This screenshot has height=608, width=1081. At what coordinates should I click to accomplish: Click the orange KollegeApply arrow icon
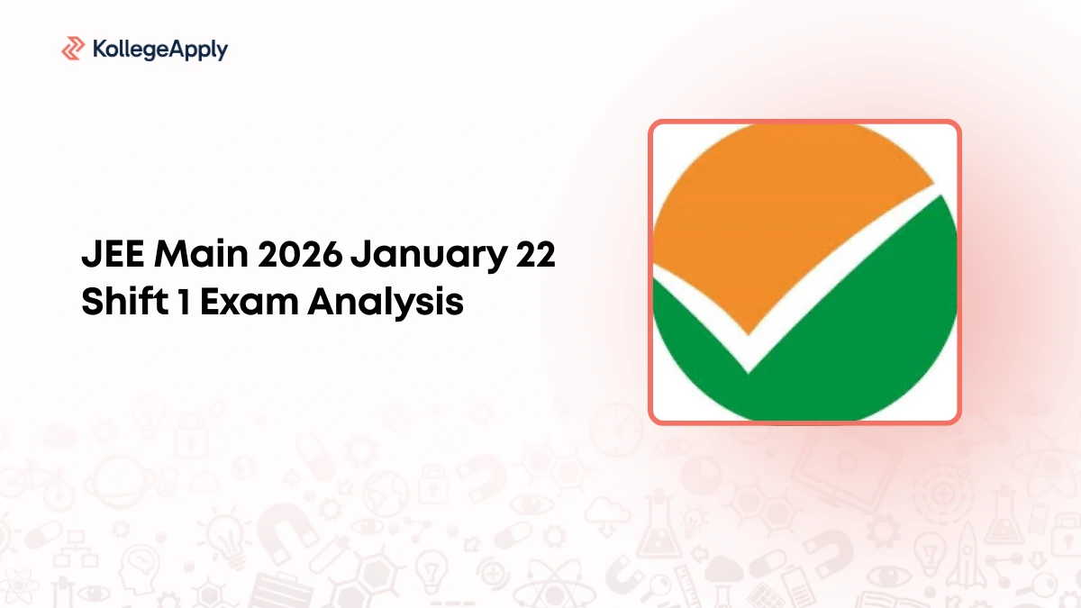pos(73,49)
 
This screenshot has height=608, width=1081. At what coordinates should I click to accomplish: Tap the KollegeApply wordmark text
pos(160,50)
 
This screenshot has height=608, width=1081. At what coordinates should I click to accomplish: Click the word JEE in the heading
pos(113,254)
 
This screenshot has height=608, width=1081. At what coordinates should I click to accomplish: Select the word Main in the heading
pos(201,254)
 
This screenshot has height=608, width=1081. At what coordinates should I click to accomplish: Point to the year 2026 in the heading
pos(300,254)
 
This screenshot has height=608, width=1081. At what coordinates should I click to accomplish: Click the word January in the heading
pos(429,257)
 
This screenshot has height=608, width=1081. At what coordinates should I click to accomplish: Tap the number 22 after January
pos(536,254)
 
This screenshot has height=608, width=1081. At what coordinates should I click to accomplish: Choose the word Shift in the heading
pos(125,301)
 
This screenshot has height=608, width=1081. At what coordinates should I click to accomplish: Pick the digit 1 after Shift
pos(184,302)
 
